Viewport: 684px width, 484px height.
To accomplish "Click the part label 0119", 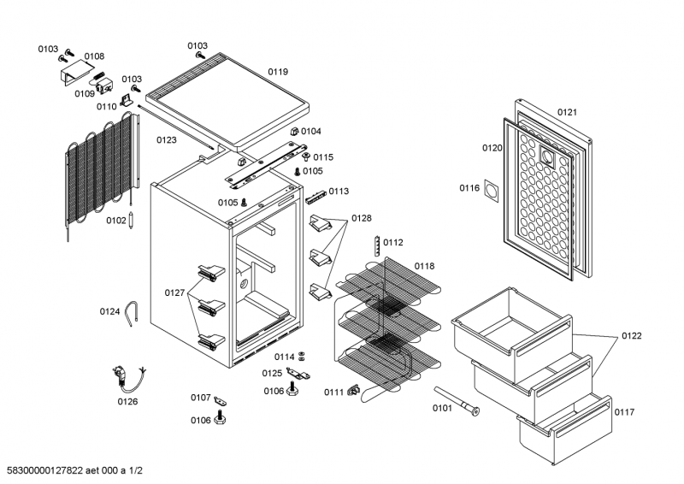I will [279, 72].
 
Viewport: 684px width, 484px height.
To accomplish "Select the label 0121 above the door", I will [568, 112].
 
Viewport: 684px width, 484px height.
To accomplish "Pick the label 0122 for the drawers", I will [631, 334].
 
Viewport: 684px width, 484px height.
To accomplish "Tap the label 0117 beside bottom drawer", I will [624, 412].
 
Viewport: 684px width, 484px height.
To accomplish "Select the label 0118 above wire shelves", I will [425, 266].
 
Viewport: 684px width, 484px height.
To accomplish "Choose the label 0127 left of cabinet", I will [174, 292].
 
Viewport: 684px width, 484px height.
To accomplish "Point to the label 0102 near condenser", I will [116, 220].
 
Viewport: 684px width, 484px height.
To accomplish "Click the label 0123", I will [167, 139].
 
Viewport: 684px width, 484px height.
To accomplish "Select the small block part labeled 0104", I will [294, 132].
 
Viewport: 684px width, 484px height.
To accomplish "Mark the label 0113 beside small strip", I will [339, 192].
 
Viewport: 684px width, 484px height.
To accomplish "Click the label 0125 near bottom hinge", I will [272, 373].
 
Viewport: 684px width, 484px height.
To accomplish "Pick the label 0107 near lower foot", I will [200, 397].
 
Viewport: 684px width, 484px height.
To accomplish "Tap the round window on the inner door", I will [547, 156].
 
